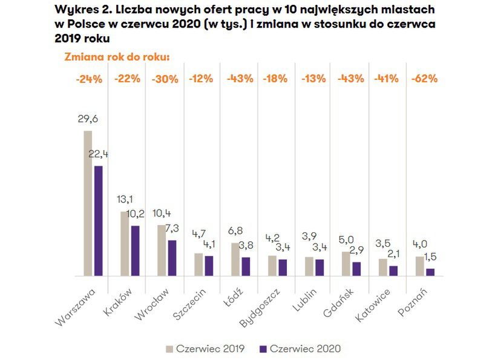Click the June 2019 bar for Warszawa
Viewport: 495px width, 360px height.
[88, 203]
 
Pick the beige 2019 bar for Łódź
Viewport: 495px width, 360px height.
[235, 260]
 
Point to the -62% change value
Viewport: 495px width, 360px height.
[424, 79]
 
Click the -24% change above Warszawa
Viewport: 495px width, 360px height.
[88, 79]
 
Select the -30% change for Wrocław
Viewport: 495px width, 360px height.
[163, 79]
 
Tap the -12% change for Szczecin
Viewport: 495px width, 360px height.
[201, 79]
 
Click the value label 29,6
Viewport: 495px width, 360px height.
[88, 119]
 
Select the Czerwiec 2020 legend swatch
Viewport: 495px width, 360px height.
[263, 349]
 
